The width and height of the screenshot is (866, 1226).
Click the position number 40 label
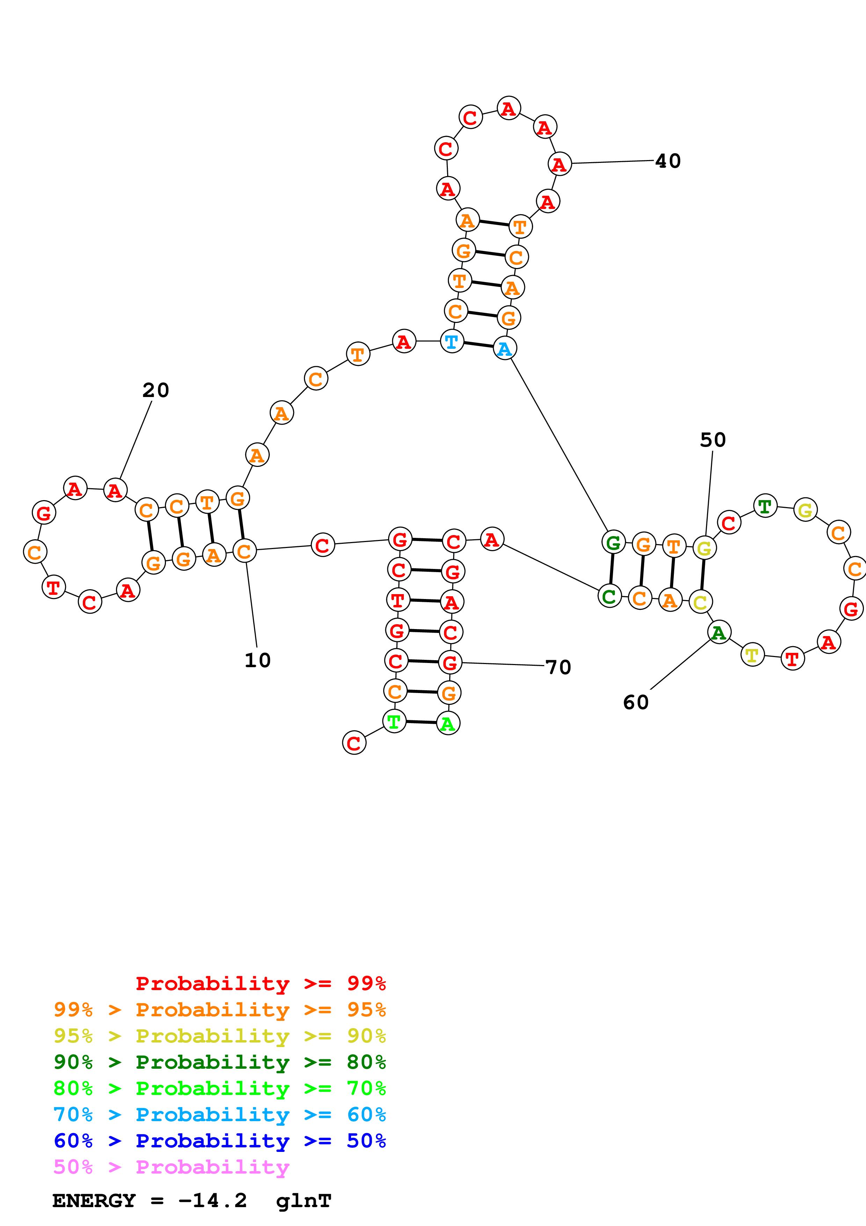click(x=668, y=161)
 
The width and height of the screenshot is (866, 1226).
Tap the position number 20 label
click(x=155, y=390)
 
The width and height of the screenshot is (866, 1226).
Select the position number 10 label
click(x=257, y=661)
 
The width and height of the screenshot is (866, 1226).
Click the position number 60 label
click(x=635, y=702)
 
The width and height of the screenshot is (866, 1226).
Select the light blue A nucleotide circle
click(x=504, y=349)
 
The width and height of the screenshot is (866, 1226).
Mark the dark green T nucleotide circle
click(x=765, y=506)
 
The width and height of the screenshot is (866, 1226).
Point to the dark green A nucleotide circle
click(x=719, y=633)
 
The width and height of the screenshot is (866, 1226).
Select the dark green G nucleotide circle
click(x=613, y=542)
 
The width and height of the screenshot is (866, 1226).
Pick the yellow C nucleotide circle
click(x=700, y=602)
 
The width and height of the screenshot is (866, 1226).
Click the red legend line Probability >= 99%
click(x=260, y=983)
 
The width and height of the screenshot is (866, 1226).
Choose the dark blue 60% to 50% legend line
click(x=219, y=1141)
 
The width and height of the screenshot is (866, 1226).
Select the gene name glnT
click(x=304, y=1201)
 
